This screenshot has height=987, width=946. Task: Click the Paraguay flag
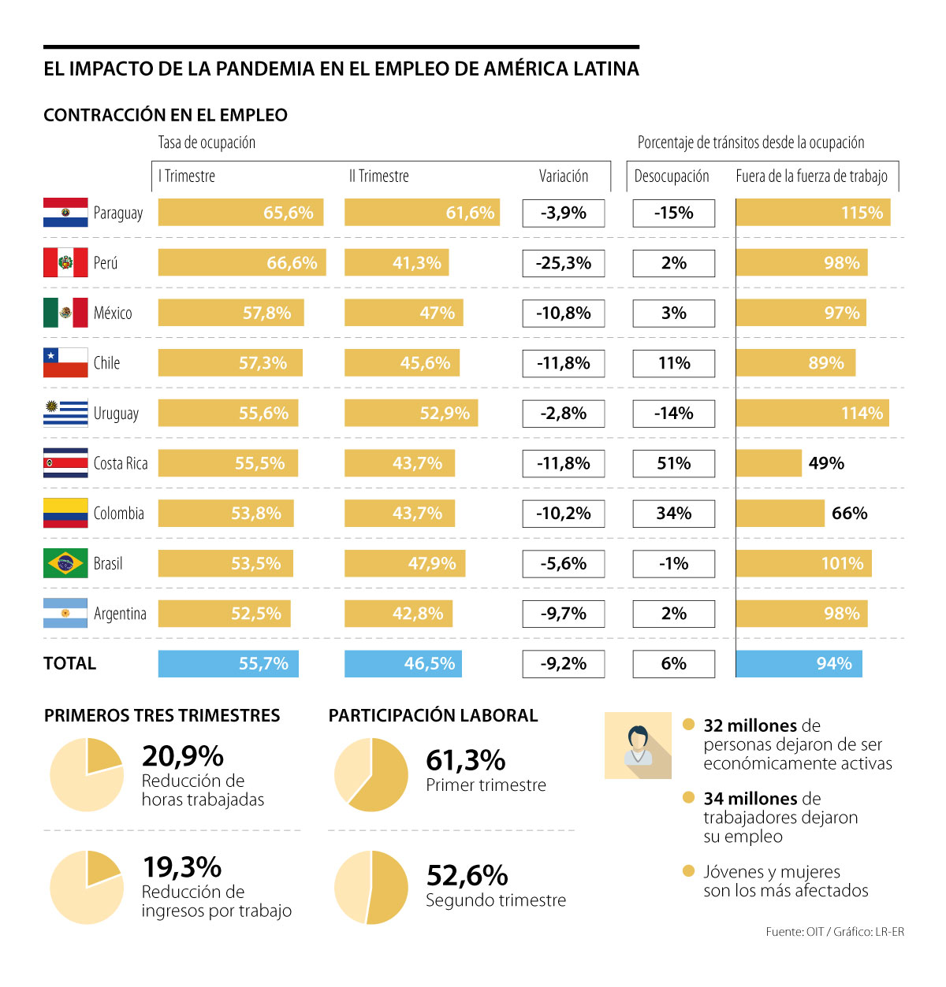point(65,213)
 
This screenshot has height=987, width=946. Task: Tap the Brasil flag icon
point(65,563)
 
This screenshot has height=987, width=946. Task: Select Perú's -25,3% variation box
point(563,263)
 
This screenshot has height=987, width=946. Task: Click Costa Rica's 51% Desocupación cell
point(673,463)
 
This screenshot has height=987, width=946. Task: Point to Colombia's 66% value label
point(849,514)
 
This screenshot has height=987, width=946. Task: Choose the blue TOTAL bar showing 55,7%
point(228,664)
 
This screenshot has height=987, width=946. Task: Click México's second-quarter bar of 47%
point(404,314)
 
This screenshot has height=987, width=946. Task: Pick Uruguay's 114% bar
point(812,414)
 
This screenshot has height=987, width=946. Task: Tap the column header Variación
point(563,176)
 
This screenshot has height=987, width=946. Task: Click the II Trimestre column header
point(379,176)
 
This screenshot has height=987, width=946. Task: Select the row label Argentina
point(120,614)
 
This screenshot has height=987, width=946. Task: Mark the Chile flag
point(65,363)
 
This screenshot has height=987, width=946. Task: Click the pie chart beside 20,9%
point(87,775)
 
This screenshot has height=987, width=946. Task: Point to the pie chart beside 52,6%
point(371,887)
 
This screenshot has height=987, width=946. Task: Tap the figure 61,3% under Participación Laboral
point(466,761)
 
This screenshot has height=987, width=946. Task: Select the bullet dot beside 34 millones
point(688,798)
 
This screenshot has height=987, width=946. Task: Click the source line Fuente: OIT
point(834,932)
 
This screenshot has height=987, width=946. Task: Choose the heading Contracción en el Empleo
point(166,115)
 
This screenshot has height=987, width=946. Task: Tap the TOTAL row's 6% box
point(673,664)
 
